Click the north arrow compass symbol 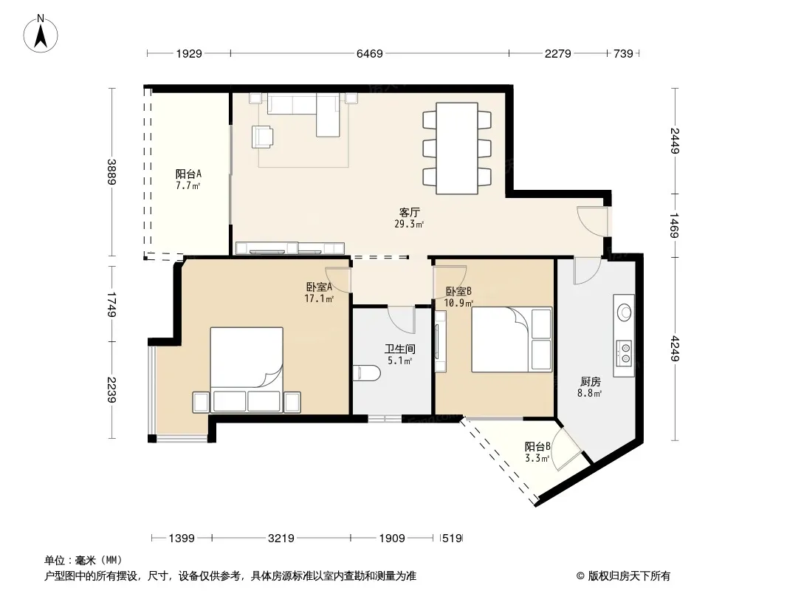[x=41, y=34]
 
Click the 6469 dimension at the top [x=369, y=53]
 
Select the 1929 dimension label [x=189, y=53]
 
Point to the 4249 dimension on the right [x=675, y=349]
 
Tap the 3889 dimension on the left [x=111, y=171]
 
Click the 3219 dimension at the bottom [x=281, y=539]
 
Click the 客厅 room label [x=410, y=213]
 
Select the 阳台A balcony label [x=189, y=174]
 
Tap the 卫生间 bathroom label [x=400, y=349]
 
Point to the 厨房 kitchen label [x=591, y=382]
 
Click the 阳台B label [x=537, y=446]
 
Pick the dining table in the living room [x=457, y=148]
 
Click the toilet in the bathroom [x=366, y=373]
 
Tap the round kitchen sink [x=625, y=312]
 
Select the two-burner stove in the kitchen [x=625, y=352]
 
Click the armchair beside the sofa [x=263, y=137]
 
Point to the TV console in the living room [x=290, y=248]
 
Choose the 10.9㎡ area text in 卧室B [x=458, y=303]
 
